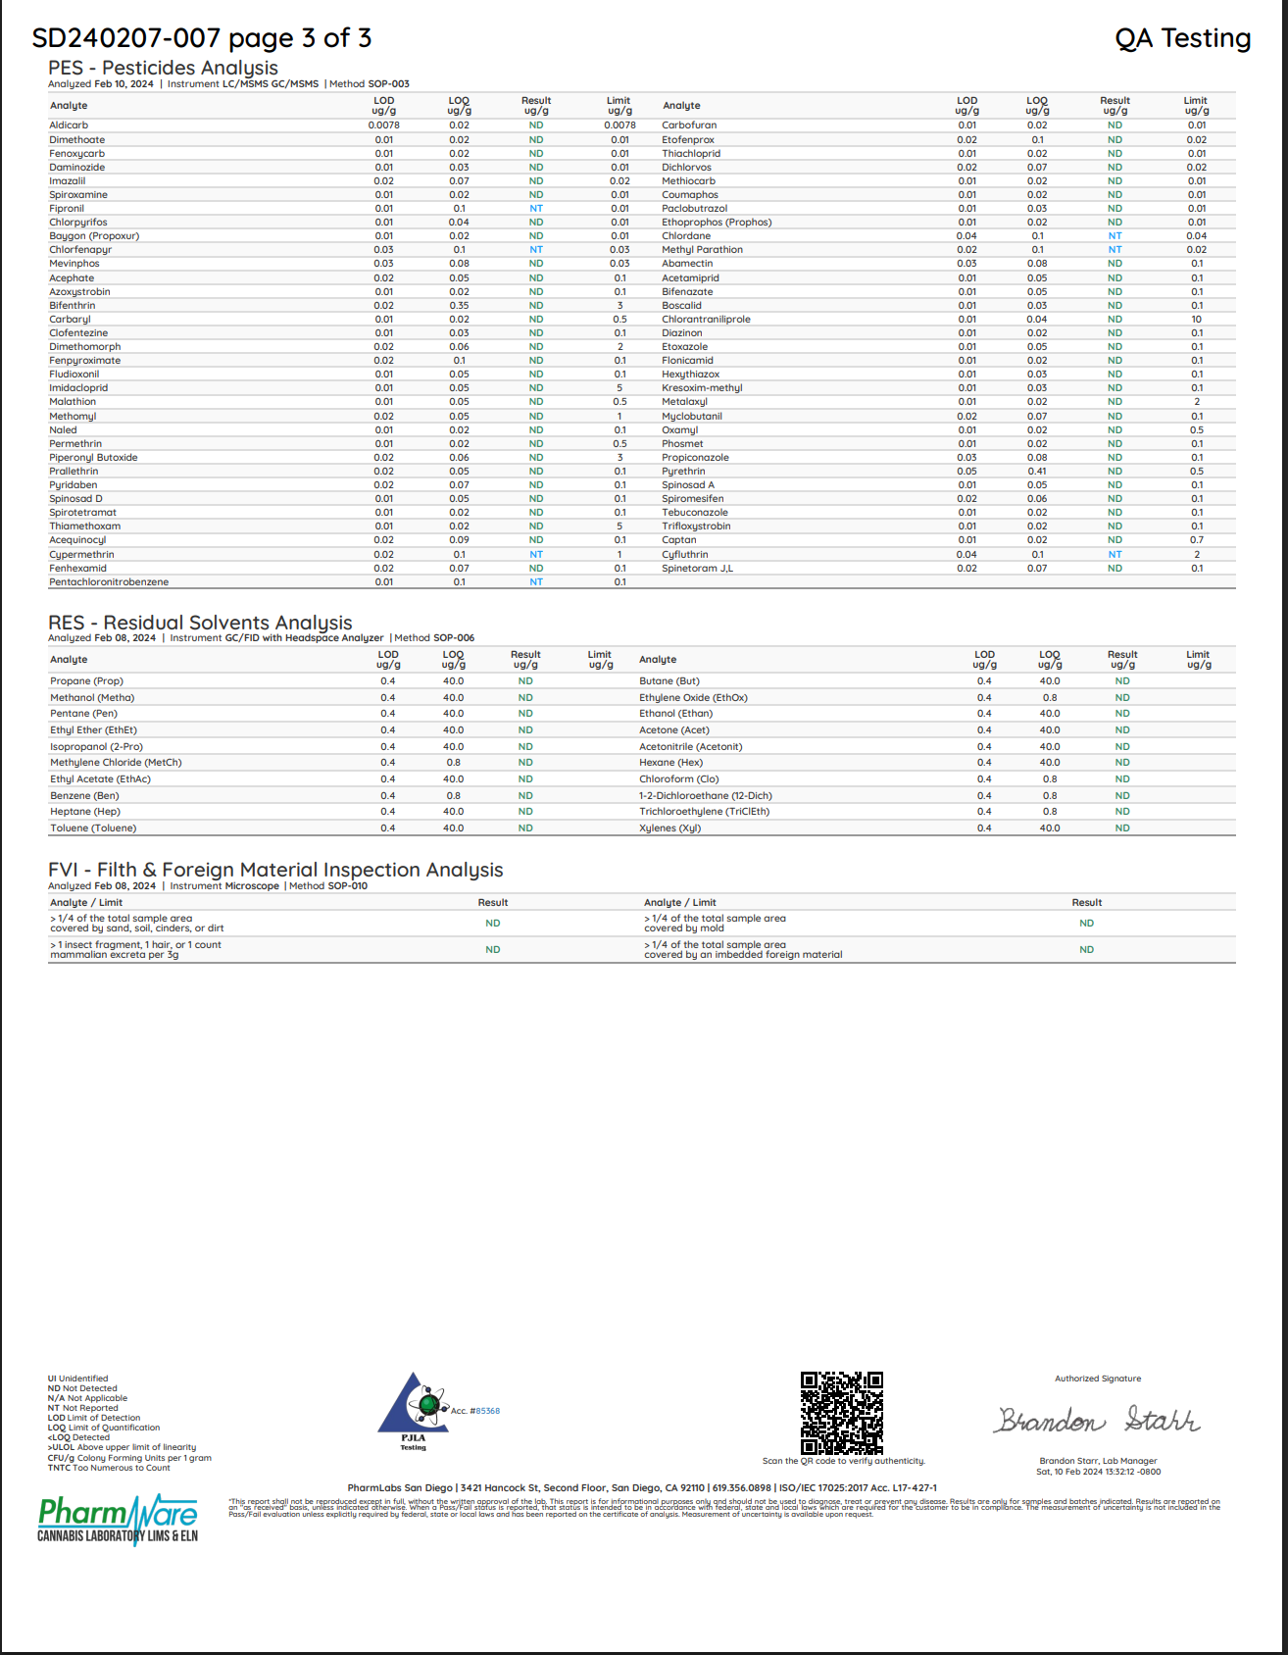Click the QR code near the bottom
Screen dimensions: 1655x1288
point(841,1413)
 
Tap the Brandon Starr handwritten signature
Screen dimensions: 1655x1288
point(1098,1420)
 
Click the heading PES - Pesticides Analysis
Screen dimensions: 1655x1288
point(163,68)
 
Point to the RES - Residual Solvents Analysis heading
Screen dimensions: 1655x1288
point(200,623)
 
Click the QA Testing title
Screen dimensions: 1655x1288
point(1182,38)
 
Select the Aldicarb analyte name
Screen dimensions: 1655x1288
point(69,125)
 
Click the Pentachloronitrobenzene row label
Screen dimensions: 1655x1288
point(109,582)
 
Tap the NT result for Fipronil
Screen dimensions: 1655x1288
point(536,209)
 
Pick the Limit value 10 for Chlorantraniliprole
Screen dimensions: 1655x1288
point(1196,320)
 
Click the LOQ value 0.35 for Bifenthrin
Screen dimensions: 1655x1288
point(459,306)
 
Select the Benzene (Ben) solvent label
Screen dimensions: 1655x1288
point(84,796)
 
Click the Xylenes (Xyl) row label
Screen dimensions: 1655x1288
point(669,828)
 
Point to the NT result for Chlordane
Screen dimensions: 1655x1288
point(1115,236)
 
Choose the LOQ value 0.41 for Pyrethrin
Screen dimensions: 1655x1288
point(1037,472)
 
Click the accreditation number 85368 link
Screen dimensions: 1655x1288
point(487,1411)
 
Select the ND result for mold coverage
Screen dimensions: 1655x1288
point(1086,924)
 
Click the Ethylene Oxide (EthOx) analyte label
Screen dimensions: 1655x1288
point(693,698)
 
